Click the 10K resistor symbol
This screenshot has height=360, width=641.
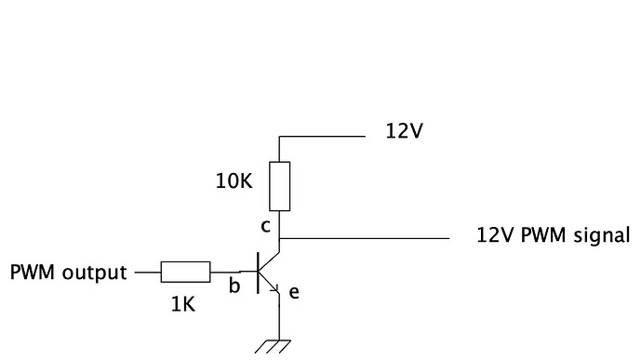click(279, 186)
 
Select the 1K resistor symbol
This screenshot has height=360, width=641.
click(186, 272)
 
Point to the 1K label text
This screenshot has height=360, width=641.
click(183, 303)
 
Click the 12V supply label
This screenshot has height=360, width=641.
click(405, 131)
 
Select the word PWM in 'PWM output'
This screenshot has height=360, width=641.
click(31, 273)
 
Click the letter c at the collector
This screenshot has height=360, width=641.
click(265, 226)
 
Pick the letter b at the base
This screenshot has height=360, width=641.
click(234, 285)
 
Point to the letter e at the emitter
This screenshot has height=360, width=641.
click(294, 292)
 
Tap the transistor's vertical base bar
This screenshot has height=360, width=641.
click(258, 272)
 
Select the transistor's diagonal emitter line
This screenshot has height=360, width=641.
click(268, 283)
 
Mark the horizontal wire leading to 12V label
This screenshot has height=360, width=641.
click(321, 136)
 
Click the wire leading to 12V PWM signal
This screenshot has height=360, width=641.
click(372, 239)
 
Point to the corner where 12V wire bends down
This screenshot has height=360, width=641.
click(279, 137)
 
